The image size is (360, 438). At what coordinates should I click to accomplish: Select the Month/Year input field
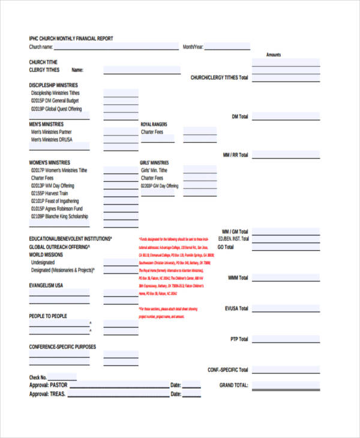(x=227, y=46)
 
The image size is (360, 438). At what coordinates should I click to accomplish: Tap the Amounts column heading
(x=273, y=55)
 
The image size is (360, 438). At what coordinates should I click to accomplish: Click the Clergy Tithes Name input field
(x=142, y=70)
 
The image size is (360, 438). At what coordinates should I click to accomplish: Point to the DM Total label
(x=239, y=116)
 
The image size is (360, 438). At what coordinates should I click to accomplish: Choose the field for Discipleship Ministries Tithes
(x=121, y=93)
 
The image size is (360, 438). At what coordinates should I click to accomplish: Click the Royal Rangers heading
(x=154, y=124)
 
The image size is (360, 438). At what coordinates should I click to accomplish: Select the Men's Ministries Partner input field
(x=121, y=131)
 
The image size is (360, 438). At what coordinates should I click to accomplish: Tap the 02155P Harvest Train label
(x=54, y=193)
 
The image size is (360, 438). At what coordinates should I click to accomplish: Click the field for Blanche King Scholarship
(x=121, y=216)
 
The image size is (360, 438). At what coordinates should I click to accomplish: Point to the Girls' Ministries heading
(x=155, y=163)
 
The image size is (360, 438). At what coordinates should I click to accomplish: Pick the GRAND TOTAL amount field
(x=286, y=385)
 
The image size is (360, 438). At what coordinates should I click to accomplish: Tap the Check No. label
(x=38, y=377)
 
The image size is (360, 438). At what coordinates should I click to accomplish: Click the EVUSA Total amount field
(x=286, y=308)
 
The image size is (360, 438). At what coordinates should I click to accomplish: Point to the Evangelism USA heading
(x=46, y=286)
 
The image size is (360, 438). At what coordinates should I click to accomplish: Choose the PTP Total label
(x=239, y=339)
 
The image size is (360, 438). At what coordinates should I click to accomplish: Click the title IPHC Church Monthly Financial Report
(x=71, y=39)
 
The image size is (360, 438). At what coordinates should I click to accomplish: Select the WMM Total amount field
(x=286, y=278)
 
